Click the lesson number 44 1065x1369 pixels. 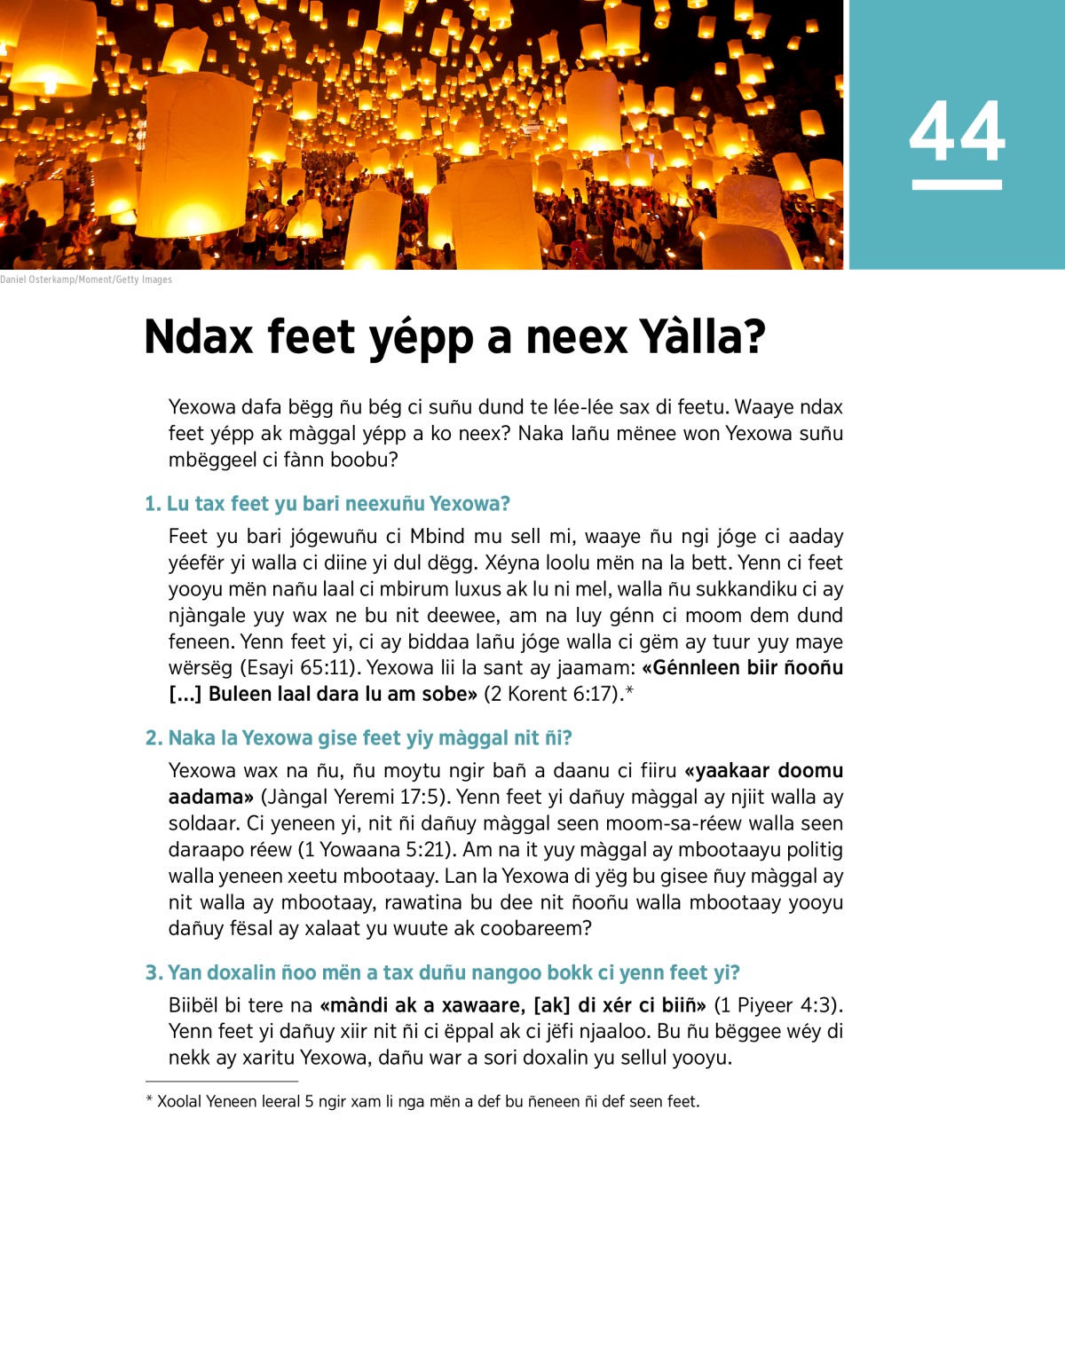(957, 131)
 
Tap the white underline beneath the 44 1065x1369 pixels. (957, 185)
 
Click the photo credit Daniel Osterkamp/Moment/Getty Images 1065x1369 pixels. (86, 279)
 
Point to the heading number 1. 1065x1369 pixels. (153, 504)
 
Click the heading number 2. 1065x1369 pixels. (154, 738)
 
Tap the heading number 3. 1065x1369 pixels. (154, 972)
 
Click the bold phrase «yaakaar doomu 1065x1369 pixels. (763, 770)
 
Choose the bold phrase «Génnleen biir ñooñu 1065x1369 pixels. (742, 667)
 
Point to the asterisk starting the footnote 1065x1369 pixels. (149, 1101)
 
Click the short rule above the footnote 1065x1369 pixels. (222, 1082)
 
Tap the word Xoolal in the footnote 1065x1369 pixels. (179, 1102)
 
